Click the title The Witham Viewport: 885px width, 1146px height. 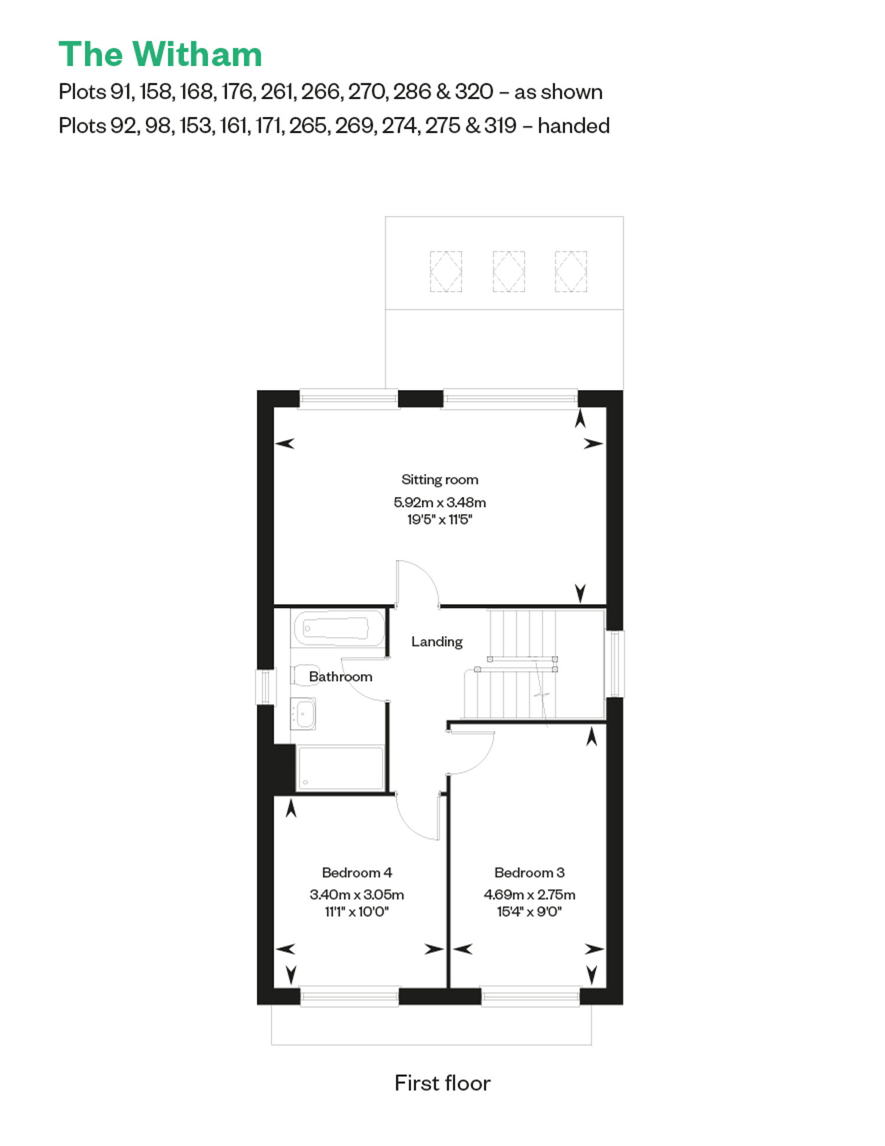point(160,54)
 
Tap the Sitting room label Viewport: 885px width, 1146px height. point(440,480)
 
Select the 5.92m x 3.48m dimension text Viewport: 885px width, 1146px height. point(440,502)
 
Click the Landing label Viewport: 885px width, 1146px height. point(437,641)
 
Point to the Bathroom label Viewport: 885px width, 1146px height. point(340,676)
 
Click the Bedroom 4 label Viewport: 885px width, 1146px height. point(357,872)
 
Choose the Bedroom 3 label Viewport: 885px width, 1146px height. point(529,872)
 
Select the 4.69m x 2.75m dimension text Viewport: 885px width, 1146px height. point(529,895)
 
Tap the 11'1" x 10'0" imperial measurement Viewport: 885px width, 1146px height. point(357,912)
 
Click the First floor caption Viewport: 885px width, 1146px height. point(442,1083)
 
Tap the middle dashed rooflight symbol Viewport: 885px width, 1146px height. point(509,271)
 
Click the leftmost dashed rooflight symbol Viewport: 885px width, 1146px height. point(446,271)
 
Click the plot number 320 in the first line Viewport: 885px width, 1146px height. point(474,92)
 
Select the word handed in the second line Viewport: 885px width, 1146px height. point(573,126)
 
